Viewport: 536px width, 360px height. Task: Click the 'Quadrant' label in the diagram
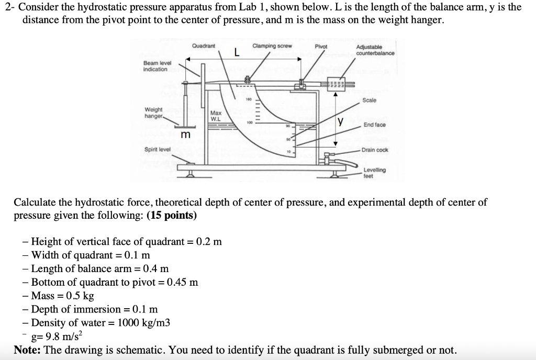[x=204, y=47]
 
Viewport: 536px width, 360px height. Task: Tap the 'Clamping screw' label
[x=272, y=46]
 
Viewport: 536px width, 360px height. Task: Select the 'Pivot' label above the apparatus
[x=321, y=47]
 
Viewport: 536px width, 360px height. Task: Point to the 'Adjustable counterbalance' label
[x=375, y=50]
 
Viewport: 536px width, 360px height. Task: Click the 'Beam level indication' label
[x=155, y=66]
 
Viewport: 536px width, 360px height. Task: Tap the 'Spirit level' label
[x=157, y=150]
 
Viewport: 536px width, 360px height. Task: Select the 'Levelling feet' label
[x=374, y=173]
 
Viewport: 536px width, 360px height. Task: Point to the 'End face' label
[x=375, y=125]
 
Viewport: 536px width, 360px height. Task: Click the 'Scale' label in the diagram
[x=369, y=100]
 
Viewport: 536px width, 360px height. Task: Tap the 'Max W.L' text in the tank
[x=216, y=116]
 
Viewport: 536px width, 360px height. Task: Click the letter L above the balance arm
[x=237, y=53]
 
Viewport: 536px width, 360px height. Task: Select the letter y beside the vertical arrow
[x=341, y=122]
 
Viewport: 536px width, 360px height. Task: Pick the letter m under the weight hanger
[x=185, y=136]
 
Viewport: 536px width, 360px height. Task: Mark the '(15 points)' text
[x=172, y=216]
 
